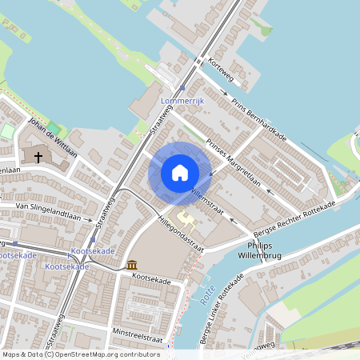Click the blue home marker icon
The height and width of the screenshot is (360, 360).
[x=180, y=173]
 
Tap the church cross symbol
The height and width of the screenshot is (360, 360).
[x=38, y=158]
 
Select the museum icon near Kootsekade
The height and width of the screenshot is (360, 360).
[x=131, y=265]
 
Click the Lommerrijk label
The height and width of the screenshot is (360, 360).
[x=183, y=102]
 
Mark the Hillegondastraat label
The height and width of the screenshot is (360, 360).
[x=181, y=233]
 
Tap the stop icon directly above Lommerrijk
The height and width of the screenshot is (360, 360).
[x=183, y=88]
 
